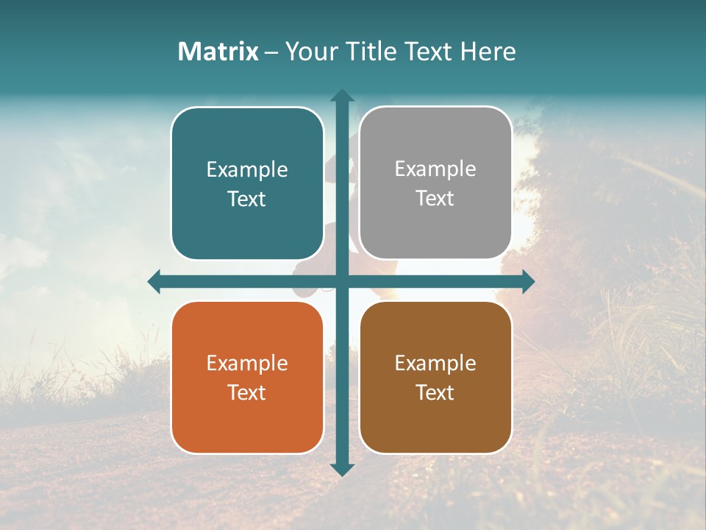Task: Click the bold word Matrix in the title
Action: [x=218, y=52]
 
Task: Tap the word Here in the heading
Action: [x=488, y=52]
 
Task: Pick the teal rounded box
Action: [x=247, y=183]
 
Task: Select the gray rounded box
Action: [x=435, y=183]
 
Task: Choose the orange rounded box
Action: [x=247, y=377]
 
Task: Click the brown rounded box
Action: [x=435, y=377]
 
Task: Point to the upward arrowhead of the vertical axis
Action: [x=342, y=96]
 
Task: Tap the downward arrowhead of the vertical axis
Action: [x=342, y=469]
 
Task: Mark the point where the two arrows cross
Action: [x=342, y=281]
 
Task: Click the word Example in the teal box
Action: [x=247, y=169]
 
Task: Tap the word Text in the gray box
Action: [x=435, y=198]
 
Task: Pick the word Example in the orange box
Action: [x=247, y=363]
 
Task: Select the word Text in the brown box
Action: [x=435, y=392]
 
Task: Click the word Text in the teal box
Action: [x=247, y=199]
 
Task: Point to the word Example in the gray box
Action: [x=435, y=169]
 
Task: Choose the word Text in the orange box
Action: [x=247, y=392]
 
